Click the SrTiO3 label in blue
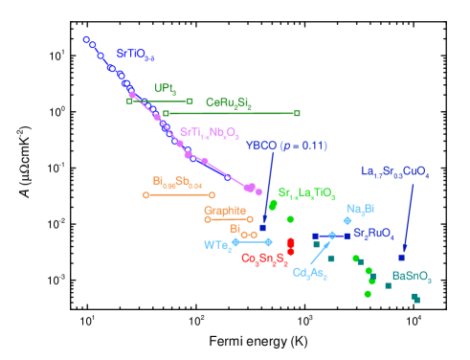point(135,56)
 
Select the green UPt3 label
point(165,88)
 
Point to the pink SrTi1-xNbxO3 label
point(209,132)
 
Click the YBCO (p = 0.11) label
point(285,146)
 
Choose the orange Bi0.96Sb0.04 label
point(177,180)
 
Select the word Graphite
point(224,211)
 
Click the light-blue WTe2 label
point(217,245)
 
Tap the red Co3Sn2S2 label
point(264,259)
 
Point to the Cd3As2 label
point(309,274)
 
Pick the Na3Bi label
point(360,209)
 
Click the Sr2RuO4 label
point(373,233)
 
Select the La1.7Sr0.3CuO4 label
point(394,172)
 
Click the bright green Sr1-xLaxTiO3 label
point(306,194)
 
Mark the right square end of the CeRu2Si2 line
point(297,113)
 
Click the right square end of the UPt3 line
point(190,101)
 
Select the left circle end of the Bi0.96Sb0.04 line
point(145,195)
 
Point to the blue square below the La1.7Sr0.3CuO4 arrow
point(401,257)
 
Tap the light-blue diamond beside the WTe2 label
point(235,241)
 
